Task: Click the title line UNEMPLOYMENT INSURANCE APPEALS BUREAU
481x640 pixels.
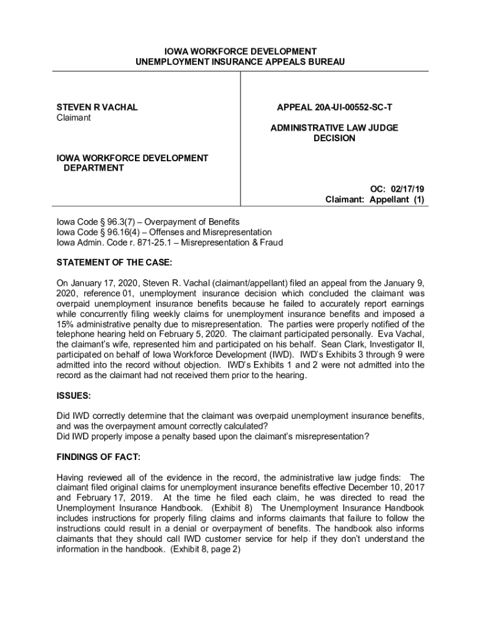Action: (x=240, y=62)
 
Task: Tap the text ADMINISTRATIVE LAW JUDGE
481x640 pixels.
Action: (x=334, y=128)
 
